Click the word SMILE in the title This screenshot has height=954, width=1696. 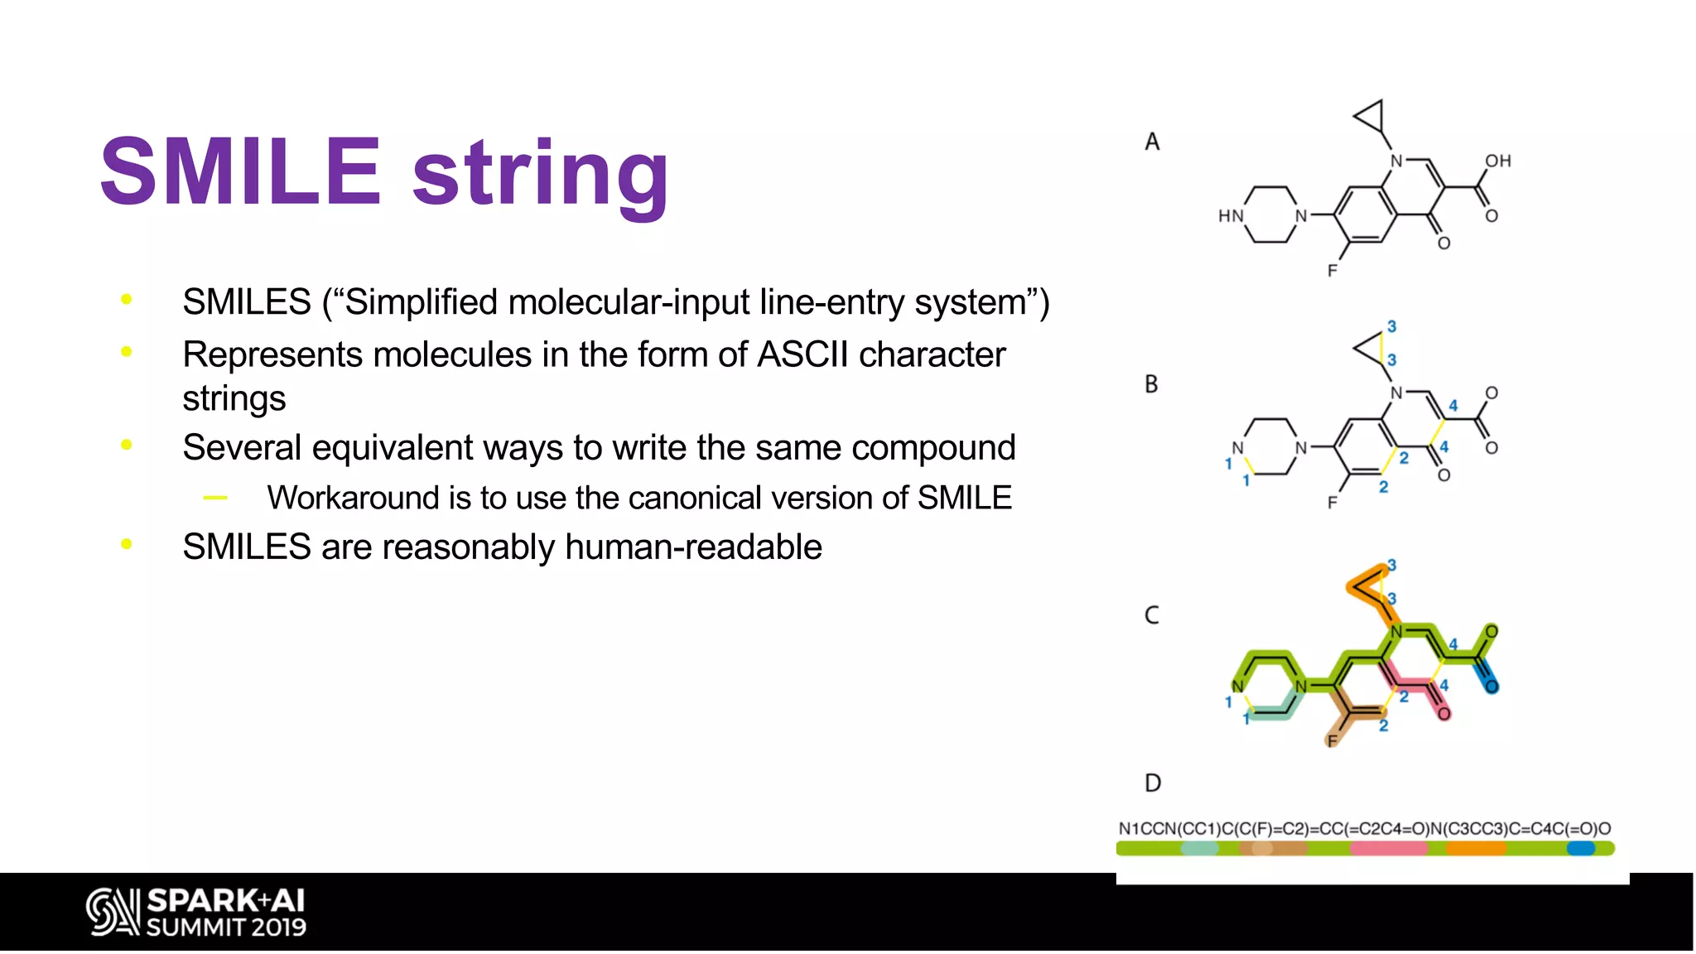(x=240, y=172)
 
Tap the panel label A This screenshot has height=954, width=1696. (x=1152, y=142)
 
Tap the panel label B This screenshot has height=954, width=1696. (x=1151, y=384)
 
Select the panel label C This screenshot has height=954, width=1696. (x=1151, y=615)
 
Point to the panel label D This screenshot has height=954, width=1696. (x=1152, y=783)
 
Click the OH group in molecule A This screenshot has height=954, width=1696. (x=1497, y=161)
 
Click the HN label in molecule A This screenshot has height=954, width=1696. (x=1231, y=216)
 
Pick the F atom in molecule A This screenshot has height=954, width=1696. (x=1332, y=271)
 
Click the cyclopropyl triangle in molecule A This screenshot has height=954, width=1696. (x=1371, y=117)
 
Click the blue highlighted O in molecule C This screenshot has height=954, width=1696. (x=1491, y=687)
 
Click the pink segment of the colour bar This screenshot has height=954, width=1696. (x=1388, y=849)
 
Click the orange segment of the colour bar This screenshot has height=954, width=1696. (x=1476, y=849)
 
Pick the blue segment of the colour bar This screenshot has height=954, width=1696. (x=1580, y=849)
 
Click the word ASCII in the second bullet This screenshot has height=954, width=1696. (x=802, y=355)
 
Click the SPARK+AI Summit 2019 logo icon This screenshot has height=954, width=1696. (x=112, y=912)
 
